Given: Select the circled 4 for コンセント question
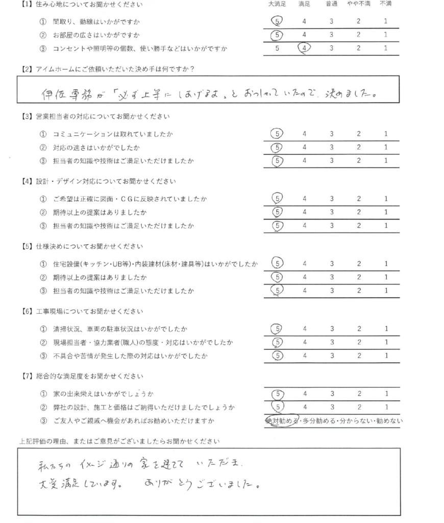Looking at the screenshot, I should [x=305, y=49].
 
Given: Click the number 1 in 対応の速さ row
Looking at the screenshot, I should [x=386, y=148].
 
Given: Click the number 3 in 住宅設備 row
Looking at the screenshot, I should [x=332, y=264].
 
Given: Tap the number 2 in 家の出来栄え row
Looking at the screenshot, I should [x=359, y=394].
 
